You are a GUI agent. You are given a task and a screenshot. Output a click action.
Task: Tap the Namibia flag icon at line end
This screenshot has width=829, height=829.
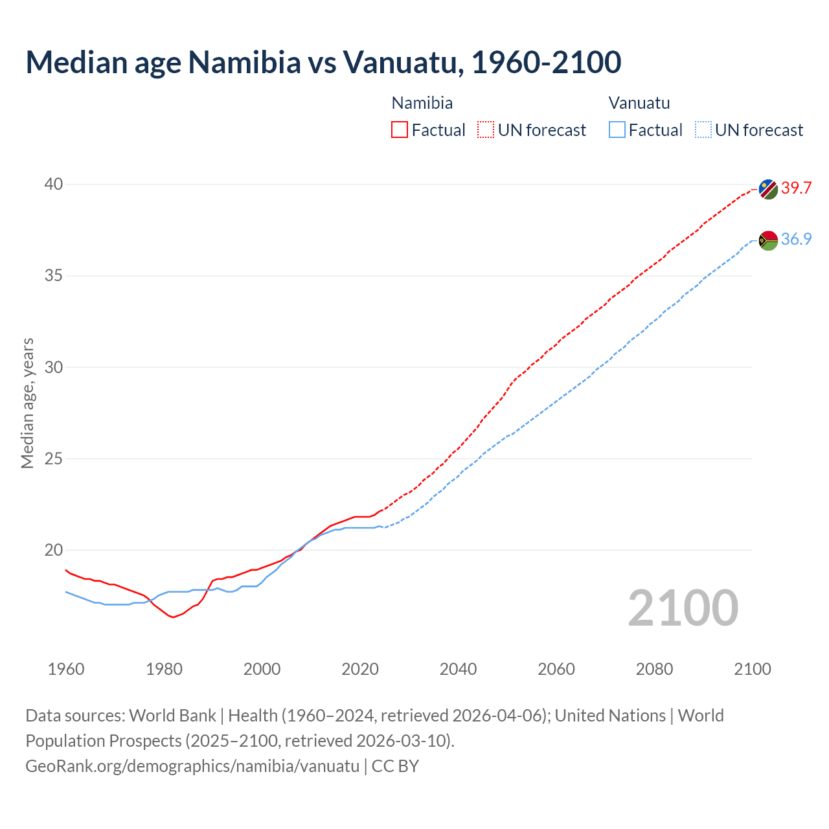coord(768,189)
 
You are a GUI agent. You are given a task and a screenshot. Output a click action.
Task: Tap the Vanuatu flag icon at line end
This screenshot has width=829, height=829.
coord(768,240)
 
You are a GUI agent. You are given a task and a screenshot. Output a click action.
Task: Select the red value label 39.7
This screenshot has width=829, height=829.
coord(796,188)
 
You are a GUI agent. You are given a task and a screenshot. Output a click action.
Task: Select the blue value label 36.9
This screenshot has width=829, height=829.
coord(796,240)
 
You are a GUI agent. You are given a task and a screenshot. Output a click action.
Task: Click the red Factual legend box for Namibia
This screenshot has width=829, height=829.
coord(400,130)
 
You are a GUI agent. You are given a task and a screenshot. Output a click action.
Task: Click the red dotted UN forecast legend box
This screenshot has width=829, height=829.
coord(486,130)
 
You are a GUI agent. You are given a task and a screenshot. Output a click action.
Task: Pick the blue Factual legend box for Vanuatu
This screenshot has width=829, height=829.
coord(617,130)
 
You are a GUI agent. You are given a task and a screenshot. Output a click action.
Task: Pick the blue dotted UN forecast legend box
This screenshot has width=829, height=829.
coord(703,130)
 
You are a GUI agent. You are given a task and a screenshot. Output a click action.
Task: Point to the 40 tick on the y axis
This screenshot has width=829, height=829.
coord(53,185)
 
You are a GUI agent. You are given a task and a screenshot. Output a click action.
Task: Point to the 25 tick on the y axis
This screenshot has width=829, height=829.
coord(53,459)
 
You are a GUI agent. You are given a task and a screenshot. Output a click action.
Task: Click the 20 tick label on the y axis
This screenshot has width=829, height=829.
coord(53,551)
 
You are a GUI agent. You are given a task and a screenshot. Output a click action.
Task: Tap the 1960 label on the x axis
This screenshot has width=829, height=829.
coord(66,669)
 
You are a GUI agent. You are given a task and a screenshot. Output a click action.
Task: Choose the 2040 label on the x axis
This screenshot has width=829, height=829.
coord(458,669)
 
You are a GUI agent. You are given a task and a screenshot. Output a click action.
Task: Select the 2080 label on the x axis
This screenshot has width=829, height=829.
coord(654,669)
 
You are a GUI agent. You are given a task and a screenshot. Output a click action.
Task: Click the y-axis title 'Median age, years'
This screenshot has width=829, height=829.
coord(27,403)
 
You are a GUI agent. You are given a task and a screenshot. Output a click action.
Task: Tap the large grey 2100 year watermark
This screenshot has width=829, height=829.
coord(683,608)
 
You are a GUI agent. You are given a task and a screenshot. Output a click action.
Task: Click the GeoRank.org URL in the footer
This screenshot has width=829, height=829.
coord(192,766)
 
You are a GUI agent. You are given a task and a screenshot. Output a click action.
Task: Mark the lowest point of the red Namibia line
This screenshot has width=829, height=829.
coord(173,617)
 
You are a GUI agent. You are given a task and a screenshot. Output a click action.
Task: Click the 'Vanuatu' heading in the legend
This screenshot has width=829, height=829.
coord(639,103)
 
